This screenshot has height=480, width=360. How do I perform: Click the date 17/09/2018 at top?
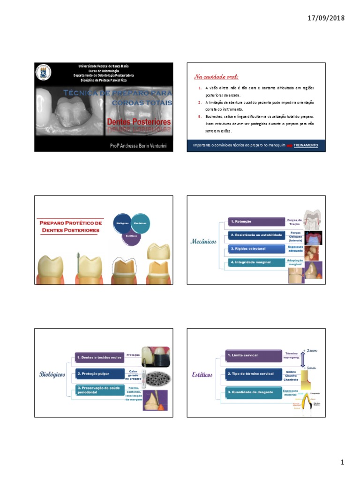[326, 18]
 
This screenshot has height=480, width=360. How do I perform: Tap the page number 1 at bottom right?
[342, 463]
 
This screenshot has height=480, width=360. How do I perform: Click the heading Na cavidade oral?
[216, 76]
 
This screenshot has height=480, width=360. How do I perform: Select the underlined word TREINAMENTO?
[306, 145]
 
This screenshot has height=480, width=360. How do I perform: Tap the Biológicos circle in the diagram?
[123, 224]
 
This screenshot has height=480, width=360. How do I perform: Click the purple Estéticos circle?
[131, 236]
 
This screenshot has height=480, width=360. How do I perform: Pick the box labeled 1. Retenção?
[256, 221]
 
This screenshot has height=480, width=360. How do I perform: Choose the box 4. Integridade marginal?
[256, 262]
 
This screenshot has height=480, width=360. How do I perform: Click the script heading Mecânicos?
[203, 241]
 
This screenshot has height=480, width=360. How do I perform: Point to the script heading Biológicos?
[52, 375]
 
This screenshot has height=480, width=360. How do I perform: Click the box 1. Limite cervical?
[253, 355]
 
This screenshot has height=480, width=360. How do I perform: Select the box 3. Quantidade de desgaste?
[253, 392]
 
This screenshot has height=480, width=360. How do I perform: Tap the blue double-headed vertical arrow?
[303, 360]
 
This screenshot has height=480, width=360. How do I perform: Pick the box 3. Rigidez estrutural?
[256, 248]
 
